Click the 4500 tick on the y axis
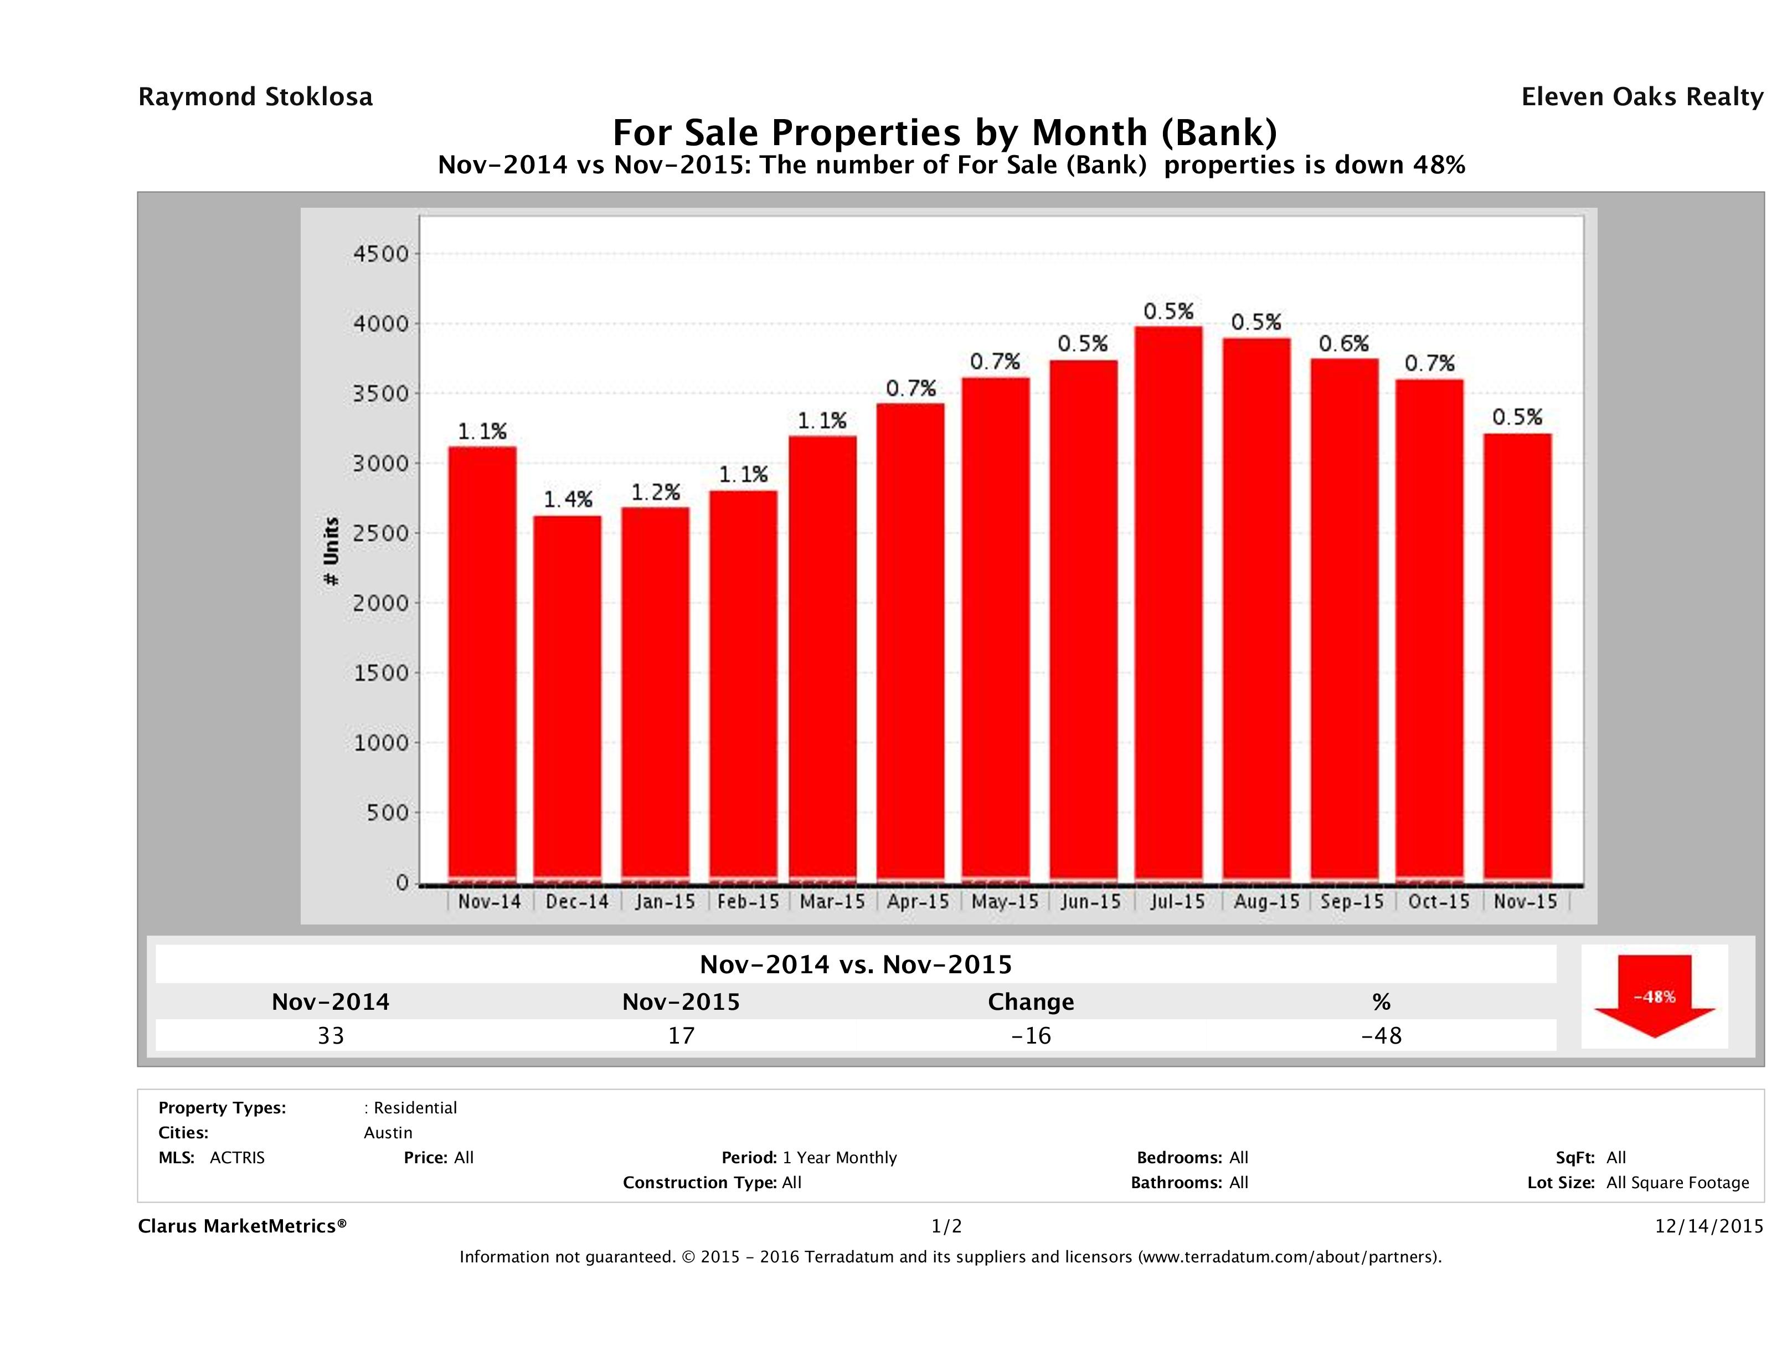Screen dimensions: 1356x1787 [x=382, y=254]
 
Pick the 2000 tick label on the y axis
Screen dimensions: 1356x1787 [x=382, y=603]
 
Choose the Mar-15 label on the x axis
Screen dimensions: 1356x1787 [x=832, y=901]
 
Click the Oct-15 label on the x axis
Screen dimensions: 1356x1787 [x=1438, y=901]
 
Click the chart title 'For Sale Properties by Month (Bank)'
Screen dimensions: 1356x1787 [x=944, y=132]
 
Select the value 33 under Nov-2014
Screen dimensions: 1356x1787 [x=331, y=1035]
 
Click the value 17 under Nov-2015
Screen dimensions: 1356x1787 [x=681, y=1035]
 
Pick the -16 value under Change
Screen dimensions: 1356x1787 [x=1031, y=1035]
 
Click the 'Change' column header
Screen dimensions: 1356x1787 [x=1031, y=1002]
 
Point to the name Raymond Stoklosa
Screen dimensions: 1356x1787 [x=255, y=97]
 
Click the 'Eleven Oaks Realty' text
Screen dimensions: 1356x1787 [x=1641, y=97]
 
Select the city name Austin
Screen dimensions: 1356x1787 [x=388, y=1133]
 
